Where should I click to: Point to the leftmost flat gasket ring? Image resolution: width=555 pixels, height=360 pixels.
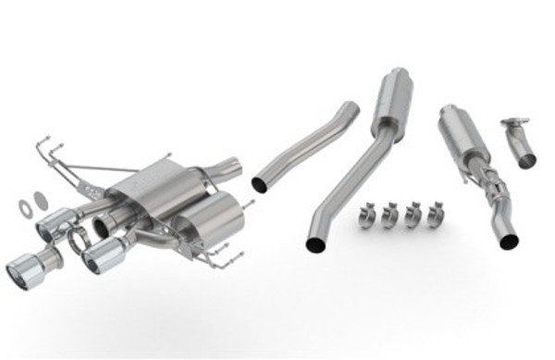click(x=27, y=196)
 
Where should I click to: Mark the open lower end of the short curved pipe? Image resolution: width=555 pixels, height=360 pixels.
click(x=260, y=184)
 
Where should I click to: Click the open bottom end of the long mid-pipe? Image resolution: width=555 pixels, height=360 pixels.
click(x=314, y=245)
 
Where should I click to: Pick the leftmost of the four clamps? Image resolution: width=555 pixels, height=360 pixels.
click(x=367, y=217)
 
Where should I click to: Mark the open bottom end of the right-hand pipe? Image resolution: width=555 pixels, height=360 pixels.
click(x=508, y=241)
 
